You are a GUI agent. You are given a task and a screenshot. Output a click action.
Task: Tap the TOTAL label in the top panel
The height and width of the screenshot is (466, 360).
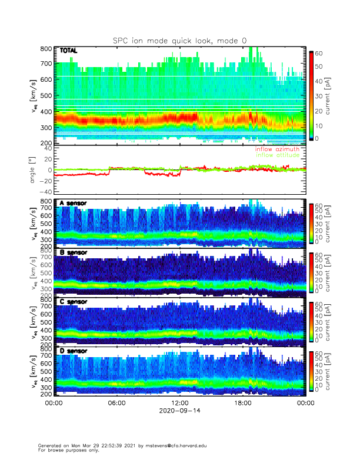click(69, 51)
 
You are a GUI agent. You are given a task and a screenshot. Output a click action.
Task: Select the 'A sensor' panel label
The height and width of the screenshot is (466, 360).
click(73, 203)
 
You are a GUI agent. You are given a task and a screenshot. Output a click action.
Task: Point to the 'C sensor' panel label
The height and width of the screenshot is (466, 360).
click(73, 302)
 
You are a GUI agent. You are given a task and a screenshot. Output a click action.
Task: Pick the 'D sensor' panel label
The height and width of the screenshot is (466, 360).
click(73, 351)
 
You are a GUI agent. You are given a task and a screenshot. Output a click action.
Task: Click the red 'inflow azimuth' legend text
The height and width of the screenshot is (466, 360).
click(276, 149)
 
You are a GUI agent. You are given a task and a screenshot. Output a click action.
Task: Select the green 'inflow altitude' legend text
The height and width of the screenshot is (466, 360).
click(276, 155)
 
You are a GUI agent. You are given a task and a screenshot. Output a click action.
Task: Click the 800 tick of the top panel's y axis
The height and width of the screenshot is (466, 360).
click(46, 48)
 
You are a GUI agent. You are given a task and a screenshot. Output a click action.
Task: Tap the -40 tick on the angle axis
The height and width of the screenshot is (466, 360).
click(45, 191)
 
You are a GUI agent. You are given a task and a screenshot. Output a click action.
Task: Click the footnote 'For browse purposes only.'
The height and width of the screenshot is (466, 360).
click(68, 450)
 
